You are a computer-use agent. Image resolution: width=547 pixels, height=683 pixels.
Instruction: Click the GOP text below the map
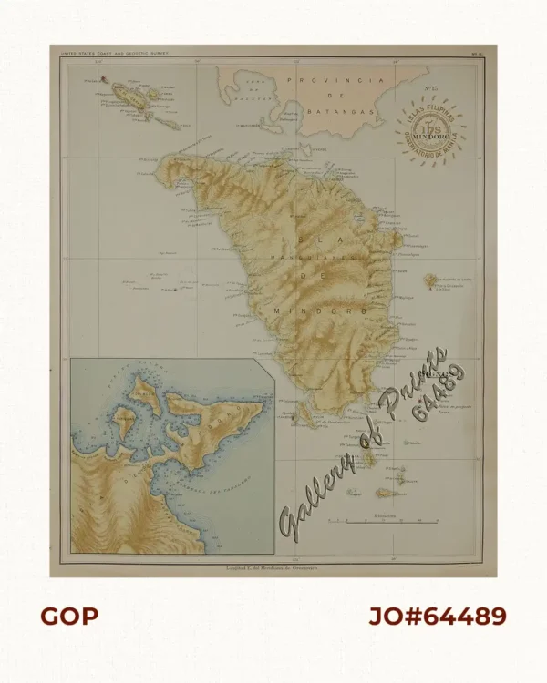68,617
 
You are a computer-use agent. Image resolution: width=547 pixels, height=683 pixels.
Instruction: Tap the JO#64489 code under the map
438,617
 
